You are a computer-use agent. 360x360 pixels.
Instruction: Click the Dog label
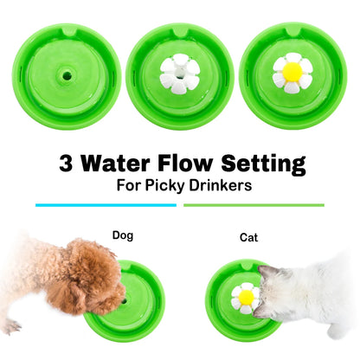123,234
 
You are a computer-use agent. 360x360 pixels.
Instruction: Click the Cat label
247,236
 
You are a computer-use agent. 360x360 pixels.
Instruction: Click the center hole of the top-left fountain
66,76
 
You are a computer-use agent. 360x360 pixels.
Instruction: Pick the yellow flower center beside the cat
247,298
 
